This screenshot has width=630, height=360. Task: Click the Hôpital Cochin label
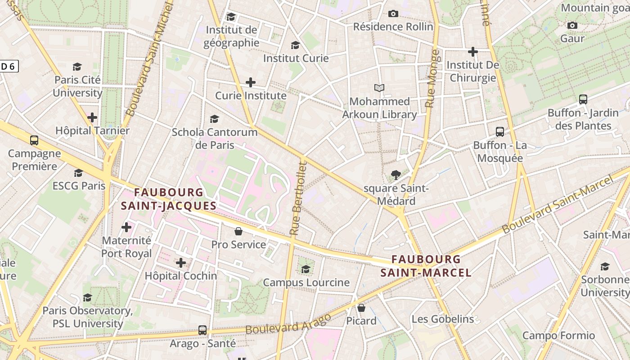pyautogui.click(x=181, y=276)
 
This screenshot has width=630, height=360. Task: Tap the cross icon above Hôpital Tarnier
pyautogui.click(x=92, y=118)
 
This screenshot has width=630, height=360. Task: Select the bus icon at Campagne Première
pyautogui.click(x=34, y=140)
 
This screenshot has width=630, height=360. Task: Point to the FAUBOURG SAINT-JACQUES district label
pyautogui.click(x=169, y=199)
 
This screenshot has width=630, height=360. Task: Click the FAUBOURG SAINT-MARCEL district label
pyautogui.click(x=426, y=266)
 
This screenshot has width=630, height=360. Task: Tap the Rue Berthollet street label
pyautogui.click(x=298, y=198)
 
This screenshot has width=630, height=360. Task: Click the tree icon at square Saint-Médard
pyautogui.click(x=396, y=175)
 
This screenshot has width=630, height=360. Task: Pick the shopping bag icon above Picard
pyautogui.click(x=361, y=308)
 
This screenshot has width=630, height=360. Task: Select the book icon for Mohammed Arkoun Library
pyautogui.click(x=379, y=88)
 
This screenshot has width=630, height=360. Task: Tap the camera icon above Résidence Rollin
pyautogui.click(x=393, y=14)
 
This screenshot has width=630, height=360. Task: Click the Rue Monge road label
pyautogui.click(x=432, y=78)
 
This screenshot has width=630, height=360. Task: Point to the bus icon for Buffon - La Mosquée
pyautogui.click(x=499, y=132)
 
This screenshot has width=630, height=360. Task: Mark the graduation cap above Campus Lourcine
pyautogui.click(x=306, y=269)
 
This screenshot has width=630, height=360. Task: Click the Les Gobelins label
pyautogui.click(x=443, y=319)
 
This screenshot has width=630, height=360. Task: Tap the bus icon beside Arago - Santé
pyautogui.click(x=202, y=330)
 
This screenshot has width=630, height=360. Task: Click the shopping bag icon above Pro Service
pyautogui.click(x=238, y=231)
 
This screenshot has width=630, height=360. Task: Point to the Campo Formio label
pyautogui.click(x=558, y=335)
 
